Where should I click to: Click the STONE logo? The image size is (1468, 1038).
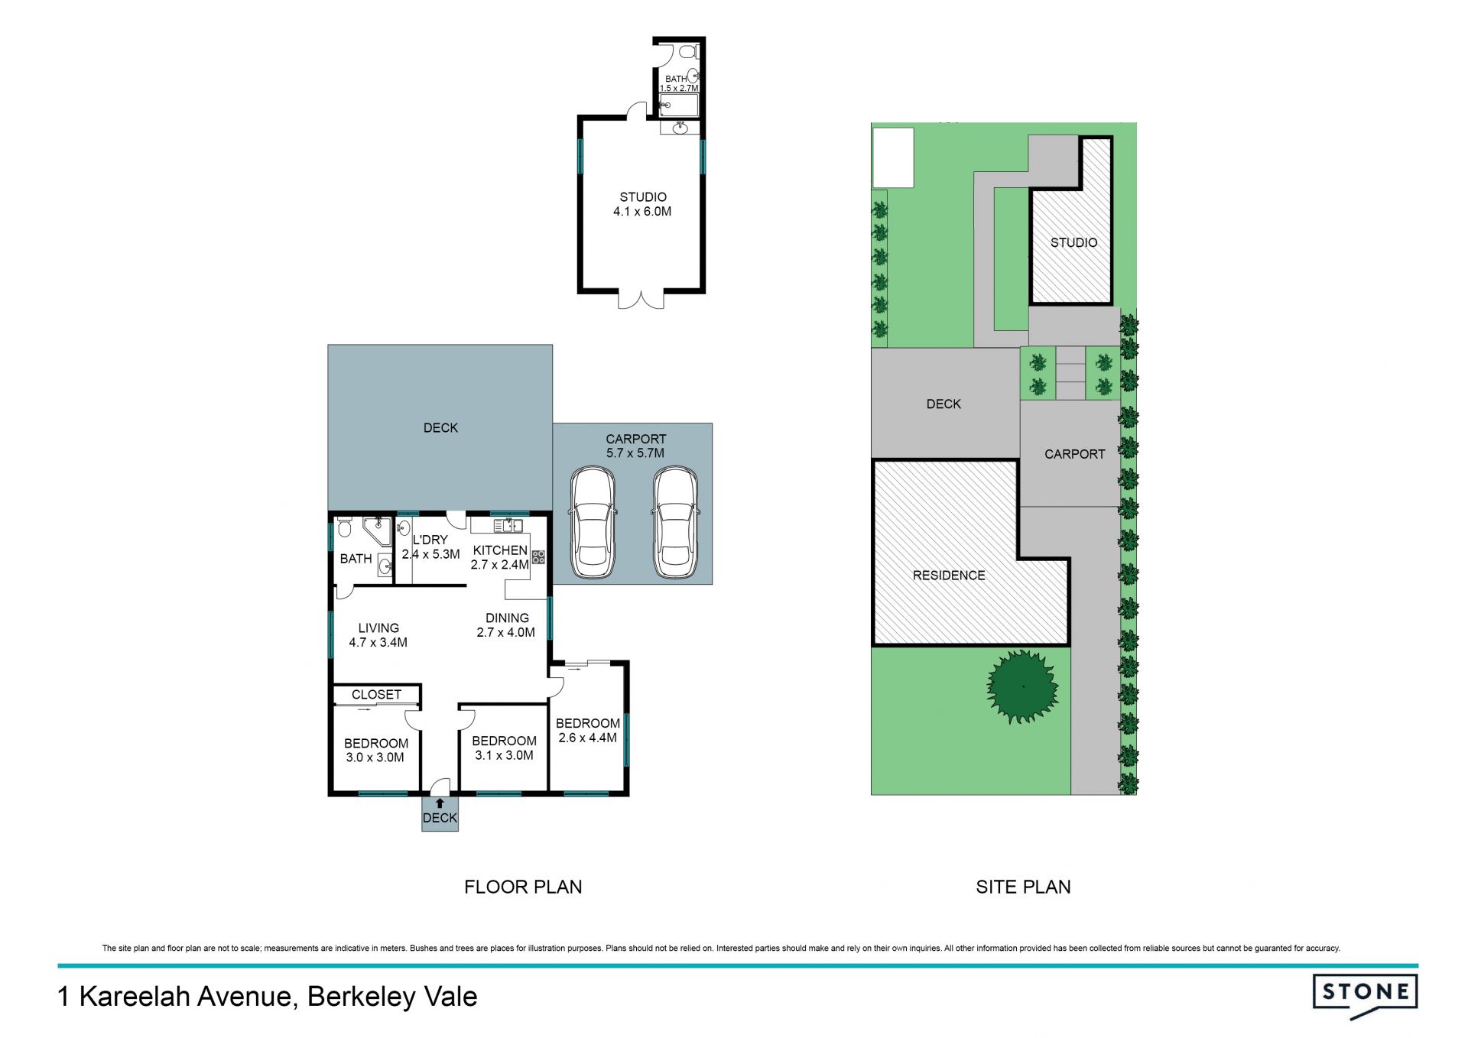(x=1365, y=994)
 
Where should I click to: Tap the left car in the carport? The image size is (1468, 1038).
(x=593, y=523)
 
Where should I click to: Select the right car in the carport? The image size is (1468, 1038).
(x=675, y=523)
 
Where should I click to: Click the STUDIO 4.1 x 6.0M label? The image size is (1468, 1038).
(x=642, y=204)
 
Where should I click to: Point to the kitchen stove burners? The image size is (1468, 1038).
(x=538, y=557)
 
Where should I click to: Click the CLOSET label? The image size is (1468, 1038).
(x=376, y=695)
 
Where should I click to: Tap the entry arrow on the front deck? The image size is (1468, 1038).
(x=440, y=803)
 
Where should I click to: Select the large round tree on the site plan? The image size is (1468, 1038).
(x=1023, y=686)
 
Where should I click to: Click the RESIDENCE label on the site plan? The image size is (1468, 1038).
(x=949, y=576)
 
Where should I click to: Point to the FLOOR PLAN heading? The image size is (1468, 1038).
(x=523, y=887)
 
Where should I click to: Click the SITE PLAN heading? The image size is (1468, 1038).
(x=1023, y=887)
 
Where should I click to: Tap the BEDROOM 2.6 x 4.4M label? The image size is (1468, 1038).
(x=587, y=730)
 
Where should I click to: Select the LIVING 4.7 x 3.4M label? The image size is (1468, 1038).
(x=378, y=635)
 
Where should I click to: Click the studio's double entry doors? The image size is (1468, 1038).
(x=641, y=300)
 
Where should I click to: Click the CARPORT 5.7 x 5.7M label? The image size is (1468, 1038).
(x=635, y=446)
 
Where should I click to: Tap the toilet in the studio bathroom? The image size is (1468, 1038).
(x=688, y=52)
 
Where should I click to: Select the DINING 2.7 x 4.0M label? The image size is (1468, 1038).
(x=506, y=625)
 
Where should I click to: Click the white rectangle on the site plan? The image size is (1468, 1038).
(x=893, y=157)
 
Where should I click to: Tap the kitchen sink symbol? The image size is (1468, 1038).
(x=508, y=525)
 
